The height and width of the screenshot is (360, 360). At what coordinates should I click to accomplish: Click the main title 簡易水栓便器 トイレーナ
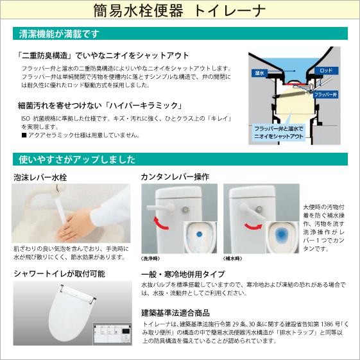[x=180, y=11]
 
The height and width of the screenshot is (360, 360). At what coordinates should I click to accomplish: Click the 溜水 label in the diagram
[x=260, y=73]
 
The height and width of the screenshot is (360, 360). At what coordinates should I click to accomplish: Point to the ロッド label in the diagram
[x=325, y=69]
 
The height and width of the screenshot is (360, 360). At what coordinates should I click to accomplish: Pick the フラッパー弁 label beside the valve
[x=325, y=94]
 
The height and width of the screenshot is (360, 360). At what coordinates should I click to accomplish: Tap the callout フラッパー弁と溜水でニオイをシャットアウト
[x=279, y=132]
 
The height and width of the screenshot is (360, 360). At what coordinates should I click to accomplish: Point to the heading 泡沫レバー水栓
[x=40, y=177]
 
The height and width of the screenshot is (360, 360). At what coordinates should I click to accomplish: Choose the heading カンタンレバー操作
[x=175, y=177]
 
